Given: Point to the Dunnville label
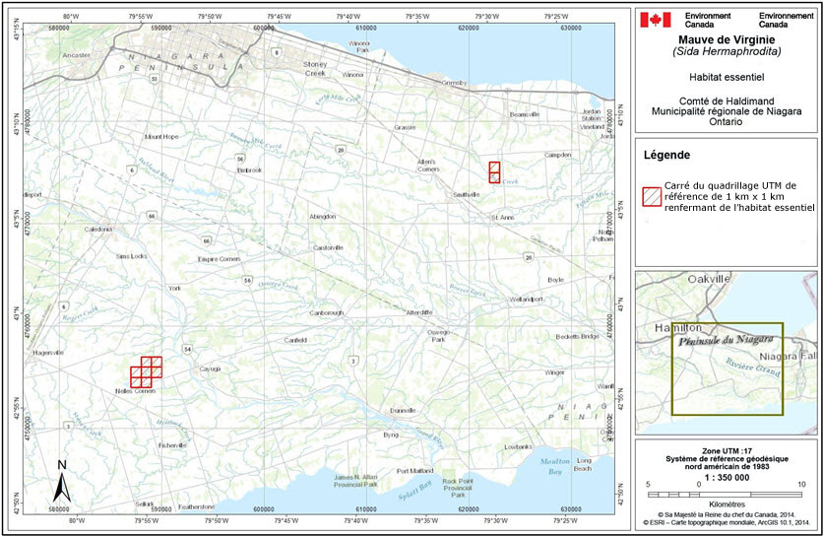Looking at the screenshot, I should [x=403, y=410].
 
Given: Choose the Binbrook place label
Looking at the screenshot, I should [x=250, y=169].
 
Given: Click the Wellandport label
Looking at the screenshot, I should [x=526, y=299].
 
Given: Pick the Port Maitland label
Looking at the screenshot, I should [x=413, y=471].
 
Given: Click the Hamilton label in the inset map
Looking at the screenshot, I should [x=668, y=326].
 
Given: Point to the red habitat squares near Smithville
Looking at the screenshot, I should [x=494, y=172].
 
